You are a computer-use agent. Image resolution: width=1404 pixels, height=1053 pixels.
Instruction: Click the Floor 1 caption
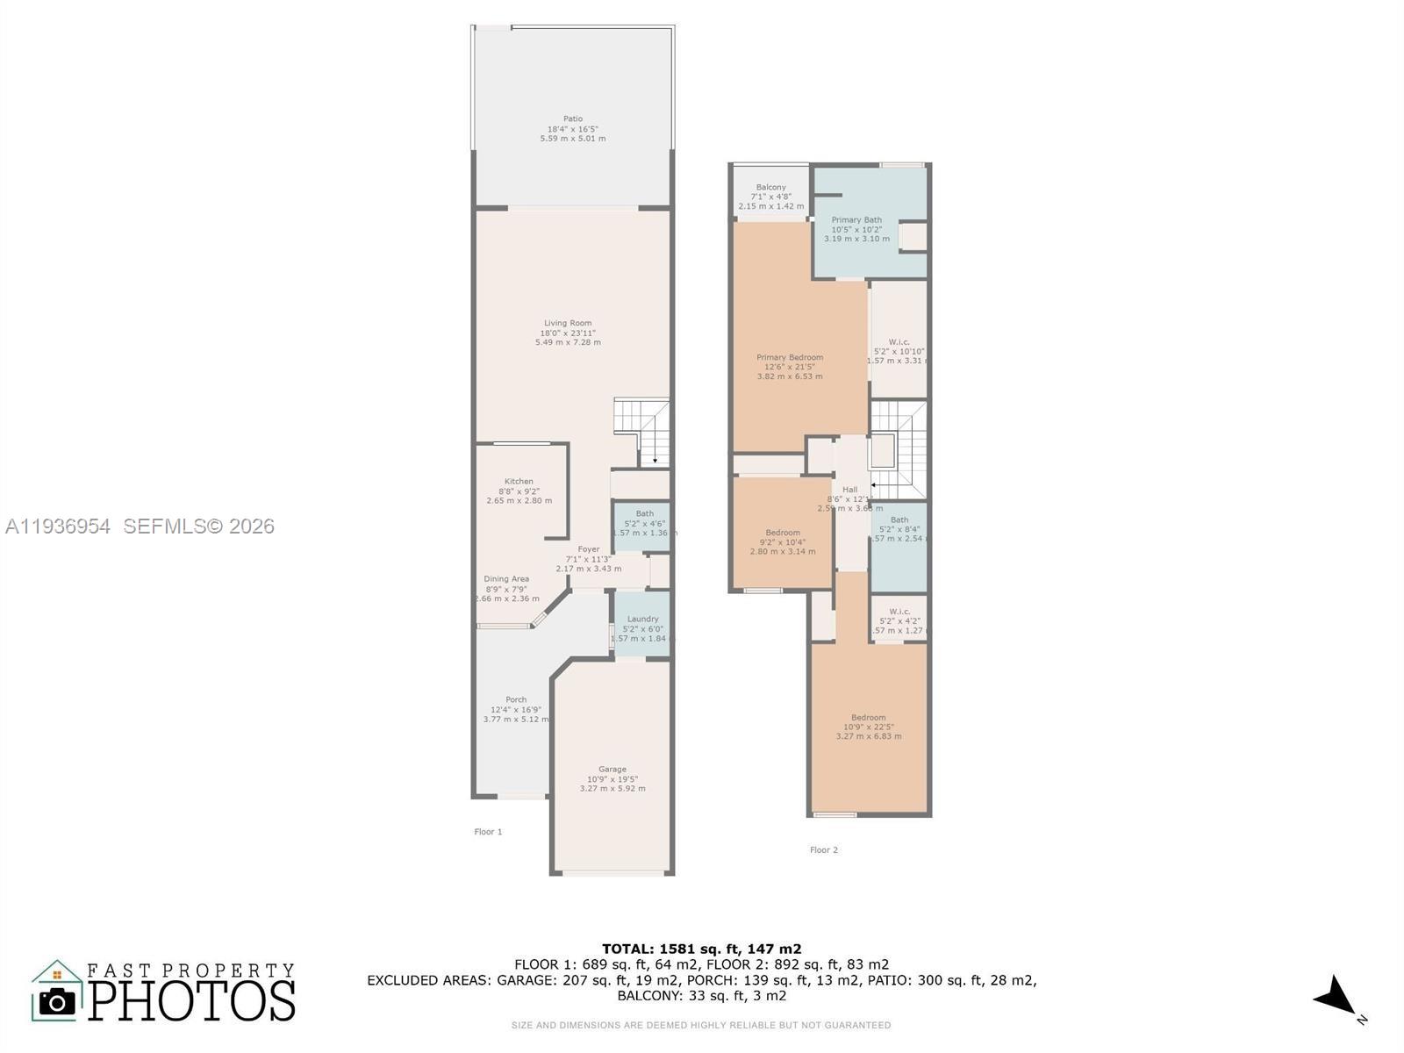point(488,832)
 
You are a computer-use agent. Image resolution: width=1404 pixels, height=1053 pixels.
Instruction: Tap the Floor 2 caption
point(823,849)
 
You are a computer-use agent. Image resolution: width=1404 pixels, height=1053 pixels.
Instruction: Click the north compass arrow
point(1336,999)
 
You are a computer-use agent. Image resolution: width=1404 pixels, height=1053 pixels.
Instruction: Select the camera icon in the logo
point(58,1001)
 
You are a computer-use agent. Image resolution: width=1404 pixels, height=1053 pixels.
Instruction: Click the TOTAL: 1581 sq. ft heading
point(701,949)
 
